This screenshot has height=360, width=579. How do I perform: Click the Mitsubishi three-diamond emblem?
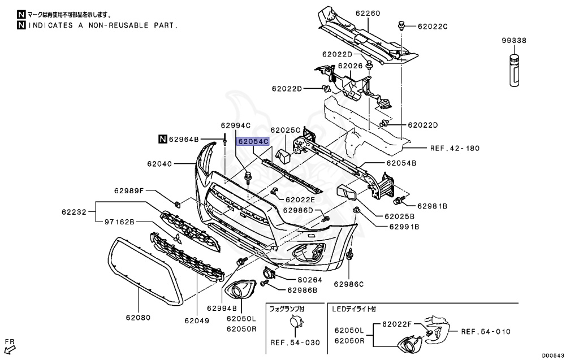coord(178,240)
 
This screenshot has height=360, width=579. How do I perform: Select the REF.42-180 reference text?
coord(455,148)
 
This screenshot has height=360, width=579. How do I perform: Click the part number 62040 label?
coord(159,164)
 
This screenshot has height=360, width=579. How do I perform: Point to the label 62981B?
coord(433,207)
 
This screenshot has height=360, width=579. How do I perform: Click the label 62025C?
coord(285,130)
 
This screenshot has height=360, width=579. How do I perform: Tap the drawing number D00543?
coord(554,355)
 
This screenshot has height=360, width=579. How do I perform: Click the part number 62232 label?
coord(74,212)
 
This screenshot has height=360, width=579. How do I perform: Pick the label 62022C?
coord(433,26)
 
